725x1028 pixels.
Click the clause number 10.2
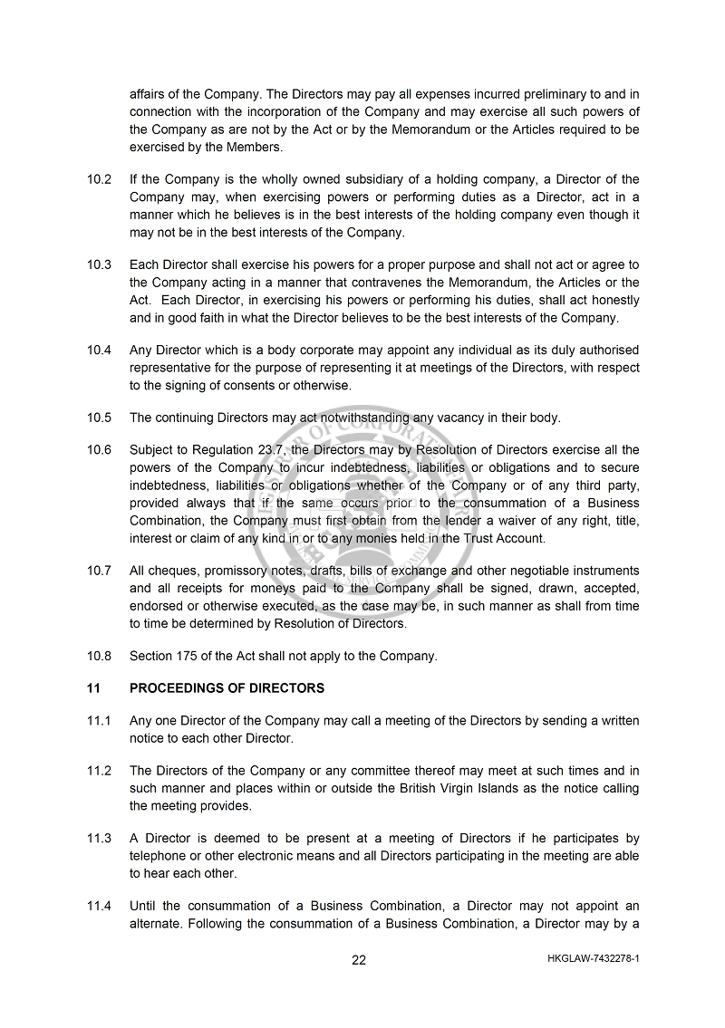tap(99, 179)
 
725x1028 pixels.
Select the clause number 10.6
tap(99, 450)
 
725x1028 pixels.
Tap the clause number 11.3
tap(99, 839)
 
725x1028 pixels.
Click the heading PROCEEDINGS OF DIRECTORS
tap(227, 688)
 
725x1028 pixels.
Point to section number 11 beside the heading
tap(93, 688)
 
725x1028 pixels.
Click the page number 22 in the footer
tap(359, 961)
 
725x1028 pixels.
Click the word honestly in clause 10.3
tap(609, 301)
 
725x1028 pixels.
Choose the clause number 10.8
tap(99, 657)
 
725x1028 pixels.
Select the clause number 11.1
tap(99, 721)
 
